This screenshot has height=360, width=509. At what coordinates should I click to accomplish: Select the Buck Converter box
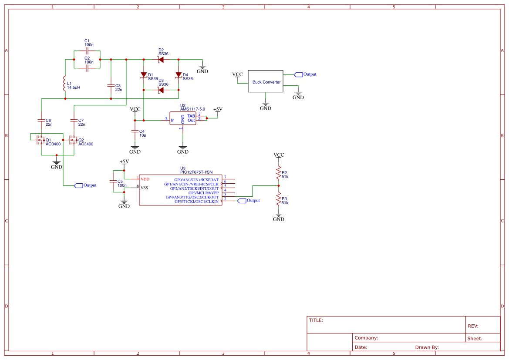266,81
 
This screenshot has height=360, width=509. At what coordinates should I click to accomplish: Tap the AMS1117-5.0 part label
192,109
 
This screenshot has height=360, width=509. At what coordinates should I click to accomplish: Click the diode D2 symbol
161,59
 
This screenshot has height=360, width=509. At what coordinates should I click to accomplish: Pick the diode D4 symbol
179,75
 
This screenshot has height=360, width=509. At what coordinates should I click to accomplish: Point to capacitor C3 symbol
111,85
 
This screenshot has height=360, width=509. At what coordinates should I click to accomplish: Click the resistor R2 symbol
279,174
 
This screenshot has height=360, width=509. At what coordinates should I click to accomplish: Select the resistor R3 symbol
279,200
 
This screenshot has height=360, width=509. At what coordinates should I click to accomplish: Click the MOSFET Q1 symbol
40,140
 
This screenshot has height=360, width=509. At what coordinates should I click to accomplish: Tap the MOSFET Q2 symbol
73,140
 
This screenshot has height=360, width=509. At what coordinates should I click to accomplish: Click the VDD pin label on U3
145,179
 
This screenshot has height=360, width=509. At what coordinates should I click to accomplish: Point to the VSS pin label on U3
144,188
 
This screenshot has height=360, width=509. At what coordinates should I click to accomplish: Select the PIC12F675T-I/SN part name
196,172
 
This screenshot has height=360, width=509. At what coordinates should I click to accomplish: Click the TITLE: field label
316,320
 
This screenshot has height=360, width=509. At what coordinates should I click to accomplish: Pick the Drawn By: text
427,347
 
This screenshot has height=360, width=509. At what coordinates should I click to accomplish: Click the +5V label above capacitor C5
124,161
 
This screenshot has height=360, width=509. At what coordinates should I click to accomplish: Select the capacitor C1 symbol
87,50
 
